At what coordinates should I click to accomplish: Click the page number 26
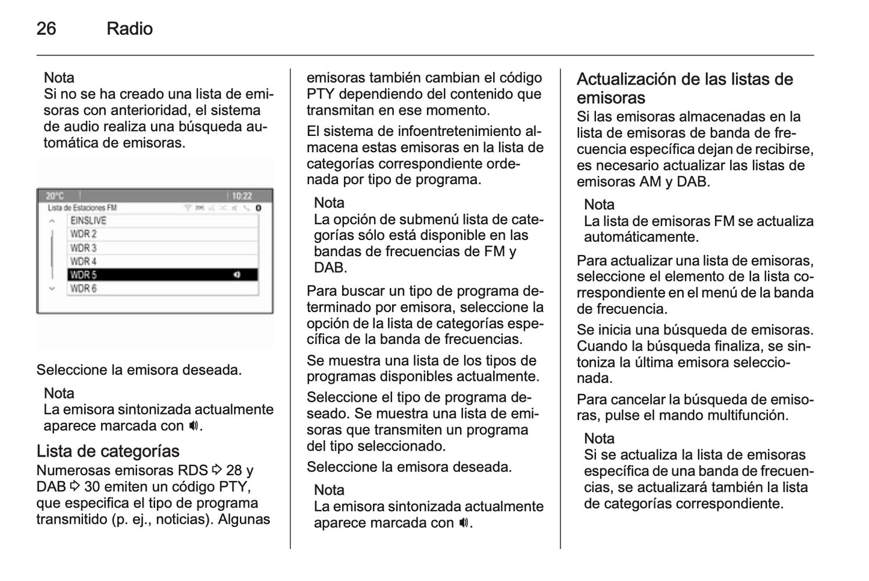46,28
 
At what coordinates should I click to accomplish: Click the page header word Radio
129,28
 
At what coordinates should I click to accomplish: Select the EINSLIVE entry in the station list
88,221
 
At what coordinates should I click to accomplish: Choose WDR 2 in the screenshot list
84,234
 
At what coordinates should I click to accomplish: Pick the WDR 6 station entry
84,289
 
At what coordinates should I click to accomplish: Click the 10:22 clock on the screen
242,196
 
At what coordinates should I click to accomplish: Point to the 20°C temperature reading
55,196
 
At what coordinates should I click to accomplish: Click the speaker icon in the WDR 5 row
237,275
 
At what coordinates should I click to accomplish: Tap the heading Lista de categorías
108,451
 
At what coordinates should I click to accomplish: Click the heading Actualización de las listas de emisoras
684,88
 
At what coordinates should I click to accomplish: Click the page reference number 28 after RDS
233,470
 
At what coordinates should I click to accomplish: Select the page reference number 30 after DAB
91,487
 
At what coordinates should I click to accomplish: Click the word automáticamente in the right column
641,237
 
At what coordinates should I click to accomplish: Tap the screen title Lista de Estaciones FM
82,208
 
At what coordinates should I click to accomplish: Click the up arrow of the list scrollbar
52,221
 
